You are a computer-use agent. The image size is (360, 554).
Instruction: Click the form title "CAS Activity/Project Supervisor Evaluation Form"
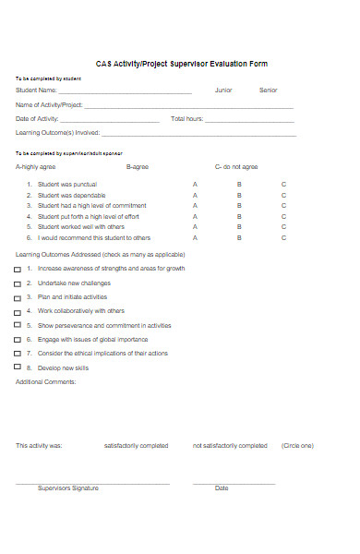182,64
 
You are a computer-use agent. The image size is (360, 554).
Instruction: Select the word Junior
223,90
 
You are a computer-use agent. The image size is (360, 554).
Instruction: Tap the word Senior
268,90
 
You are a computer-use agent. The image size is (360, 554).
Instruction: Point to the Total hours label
187,119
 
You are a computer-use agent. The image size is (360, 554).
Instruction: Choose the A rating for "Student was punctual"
195,185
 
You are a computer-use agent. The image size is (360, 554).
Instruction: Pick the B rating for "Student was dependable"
239,196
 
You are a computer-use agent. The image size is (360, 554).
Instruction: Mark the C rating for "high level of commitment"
283,206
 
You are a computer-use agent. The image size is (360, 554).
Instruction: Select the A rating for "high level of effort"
195,216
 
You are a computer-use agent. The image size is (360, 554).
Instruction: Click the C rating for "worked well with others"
283,226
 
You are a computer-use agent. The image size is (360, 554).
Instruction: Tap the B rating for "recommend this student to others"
239,237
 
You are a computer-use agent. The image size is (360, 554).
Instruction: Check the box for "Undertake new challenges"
18,283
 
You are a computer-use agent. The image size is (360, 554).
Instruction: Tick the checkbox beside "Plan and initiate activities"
18,298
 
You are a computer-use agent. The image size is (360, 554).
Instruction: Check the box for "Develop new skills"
18,367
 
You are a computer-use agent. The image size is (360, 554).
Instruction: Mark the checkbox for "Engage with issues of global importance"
18,340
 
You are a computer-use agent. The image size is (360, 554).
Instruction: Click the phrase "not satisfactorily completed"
230,446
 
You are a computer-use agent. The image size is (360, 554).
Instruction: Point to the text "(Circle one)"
297,446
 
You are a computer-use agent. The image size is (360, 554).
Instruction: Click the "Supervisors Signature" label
67,488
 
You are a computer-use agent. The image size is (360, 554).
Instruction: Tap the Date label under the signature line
222,488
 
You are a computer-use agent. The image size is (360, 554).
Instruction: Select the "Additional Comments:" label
46,381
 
